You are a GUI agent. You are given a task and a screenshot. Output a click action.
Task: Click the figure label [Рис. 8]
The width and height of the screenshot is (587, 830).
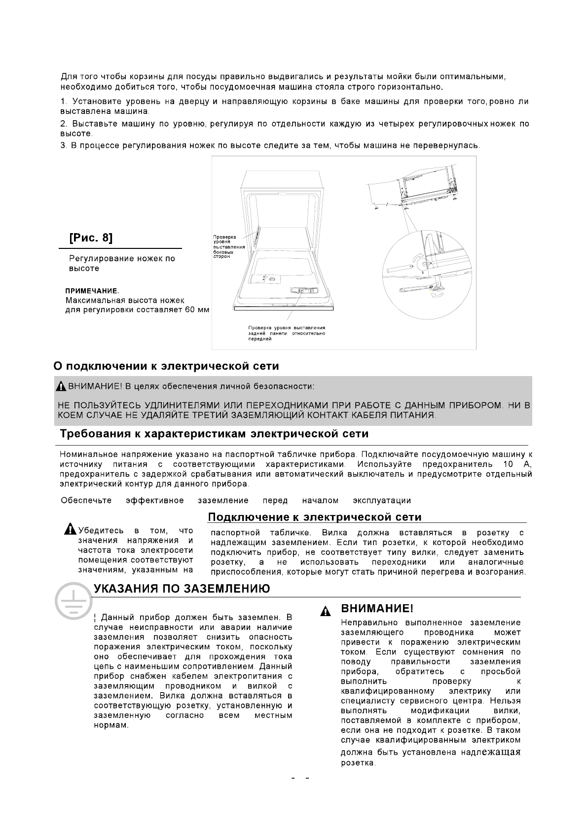[x=91, y=238]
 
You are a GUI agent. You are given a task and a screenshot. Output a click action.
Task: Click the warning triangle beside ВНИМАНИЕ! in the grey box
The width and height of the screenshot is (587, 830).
[x=61, y=385]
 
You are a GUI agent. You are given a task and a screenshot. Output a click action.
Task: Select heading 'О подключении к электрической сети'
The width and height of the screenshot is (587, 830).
[x=166, y=366]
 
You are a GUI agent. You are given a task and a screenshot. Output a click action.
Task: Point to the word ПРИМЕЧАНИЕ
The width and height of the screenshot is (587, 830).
[x=92, y=291]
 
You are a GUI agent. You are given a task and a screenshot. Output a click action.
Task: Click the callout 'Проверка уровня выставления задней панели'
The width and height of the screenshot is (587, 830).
[x=286, y=333]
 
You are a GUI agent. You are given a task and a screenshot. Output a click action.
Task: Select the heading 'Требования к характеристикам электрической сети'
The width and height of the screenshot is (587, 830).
[x=214, y=434]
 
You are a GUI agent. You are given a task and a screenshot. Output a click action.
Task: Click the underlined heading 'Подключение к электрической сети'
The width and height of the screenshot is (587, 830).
[x=314, y=517]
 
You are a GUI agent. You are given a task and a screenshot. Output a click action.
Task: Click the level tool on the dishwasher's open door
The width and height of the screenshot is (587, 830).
[x=300, y=291]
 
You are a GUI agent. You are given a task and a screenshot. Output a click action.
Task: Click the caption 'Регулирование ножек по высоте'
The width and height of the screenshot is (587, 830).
[x=122, y=263]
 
